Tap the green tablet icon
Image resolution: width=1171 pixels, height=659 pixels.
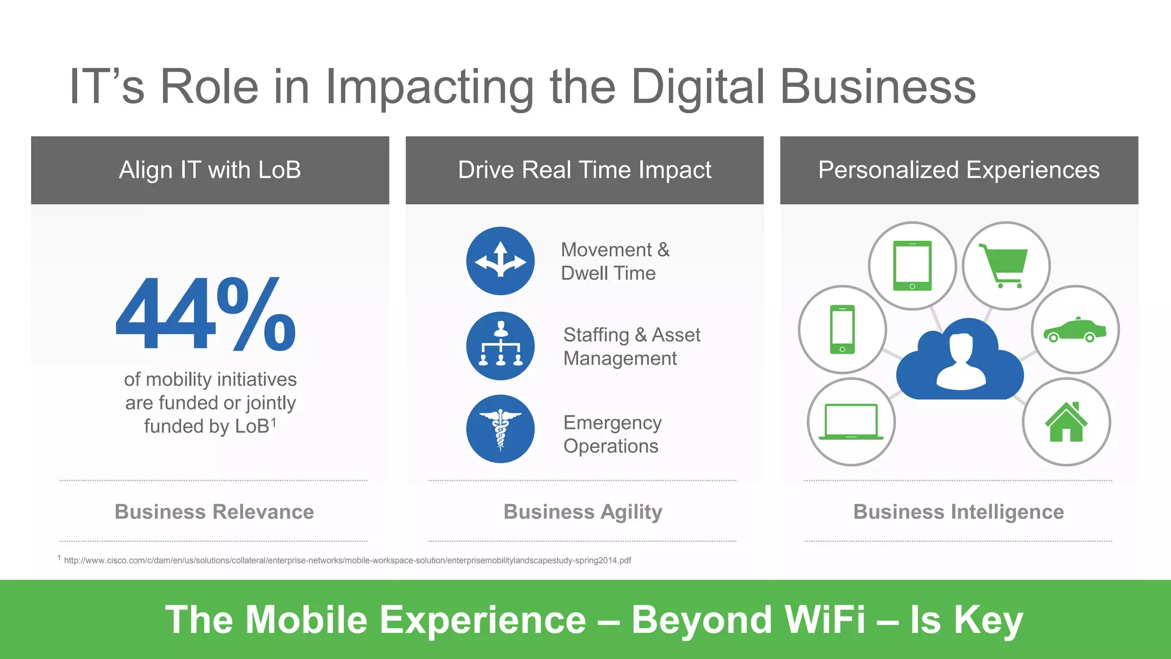[912, 265]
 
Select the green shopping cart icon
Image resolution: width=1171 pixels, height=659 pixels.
[1005, 265]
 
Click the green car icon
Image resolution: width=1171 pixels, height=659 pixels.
[1074, 330]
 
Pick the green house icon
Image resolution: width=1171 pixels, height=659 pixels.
[1066, 422]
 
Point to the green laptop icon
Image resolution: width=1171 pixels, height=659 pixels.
[851, 422]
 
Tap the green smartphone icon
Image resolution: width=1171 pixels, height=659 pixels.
[842, 329]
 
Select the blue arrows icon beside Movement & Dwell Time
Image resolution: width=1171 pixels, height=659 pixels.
[500, 261]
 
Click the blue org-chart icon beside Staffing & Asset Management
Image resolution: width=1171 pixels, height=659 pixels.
[500, 346]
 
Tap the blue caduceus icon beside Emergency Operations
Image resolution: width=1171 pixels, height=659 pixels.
[500, 429]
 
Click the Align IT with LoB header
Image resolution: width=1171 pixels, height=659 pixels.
[210, 170]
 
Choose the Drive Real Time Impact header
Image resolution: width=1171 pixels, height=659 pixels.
[584, 170]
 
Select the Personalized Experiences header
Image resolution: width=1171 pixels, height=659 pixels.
[959, 170]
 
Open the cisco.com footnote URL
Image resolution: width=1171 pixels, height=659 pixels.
[347, 561]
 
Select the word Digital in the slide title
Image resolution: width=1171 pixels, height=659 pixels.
[698, 87]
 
